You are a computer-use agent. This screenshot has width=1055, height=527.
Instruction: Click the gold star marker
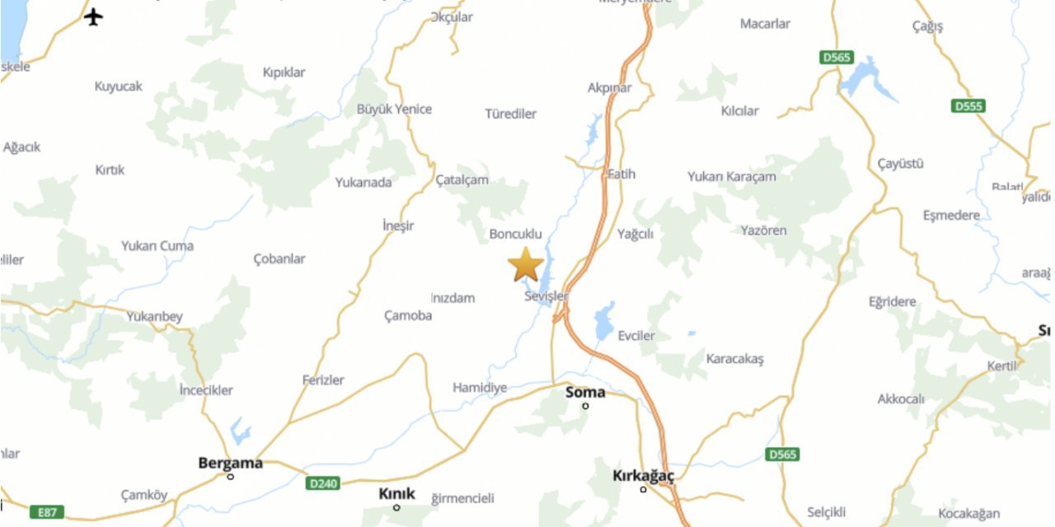point(525,265)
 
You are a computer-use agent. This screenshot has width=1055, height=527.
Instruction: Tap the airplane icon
point(94,16)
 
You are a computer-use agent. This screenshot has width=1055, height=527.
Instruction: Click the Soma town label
point(585,392)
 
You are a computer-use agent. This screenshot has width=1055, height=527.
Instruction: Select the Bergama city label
point(230,463)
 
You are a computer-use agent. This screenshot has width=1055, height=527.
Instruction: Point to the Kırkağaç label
point(643,476)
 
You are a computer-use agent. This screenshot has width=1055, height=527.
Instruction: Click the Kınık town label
point(396,494)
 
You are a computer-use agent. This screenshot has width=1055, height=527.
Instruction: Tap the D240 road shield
point(322,483)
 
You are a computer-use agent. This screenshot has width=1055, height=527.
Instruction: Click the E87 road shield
point(46,512)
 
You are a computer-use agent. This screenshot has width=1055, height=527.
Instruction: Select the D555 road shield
point(968,106)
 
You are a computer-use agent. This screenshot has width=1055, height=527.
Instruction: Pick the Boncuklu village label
point(516,234)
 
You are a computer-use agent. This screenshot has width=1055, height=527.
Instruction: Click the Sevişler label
point(546,296)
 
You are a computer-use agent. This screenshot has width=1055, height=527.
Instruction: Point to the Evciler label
point(636,336)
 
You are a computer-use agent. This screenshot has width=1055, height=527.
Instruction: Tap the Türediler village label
point(511,114)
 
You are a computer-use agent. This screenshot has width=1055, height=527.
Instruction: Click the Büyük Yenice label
point(394,109)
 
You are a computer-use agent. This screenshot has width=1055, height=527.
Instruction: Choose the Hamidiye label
point(480,387)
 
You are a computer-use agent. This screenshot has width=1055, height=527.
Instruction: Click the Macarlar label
point(765,24)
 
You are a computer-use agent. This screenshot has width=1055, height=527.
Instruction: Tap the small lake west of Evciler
point(605,320)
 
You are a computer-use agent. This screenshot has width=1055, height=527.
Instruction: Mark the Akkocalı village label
point(901,399)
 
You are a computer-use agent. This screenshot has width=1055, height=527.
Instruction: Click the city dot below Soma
point(585,406)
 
